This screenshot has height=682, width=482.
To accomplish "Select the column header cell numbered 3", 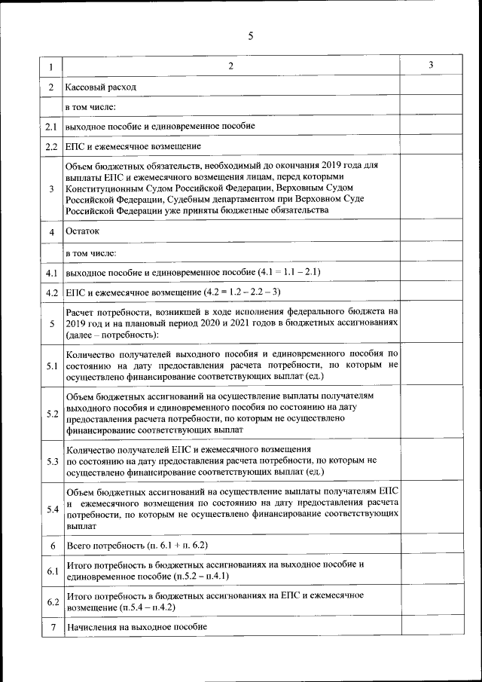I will tap(430, 66).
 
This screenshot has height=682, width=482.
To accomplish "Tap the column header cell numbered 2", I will tap(231, 66).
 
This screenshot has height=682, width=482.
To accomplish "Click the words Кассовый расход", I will tap(101, 87).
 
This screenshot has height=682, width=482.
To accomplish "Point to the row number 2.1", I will tap(51, 126).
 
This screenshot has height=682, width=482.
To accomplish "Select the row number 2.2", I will tap(51, 146).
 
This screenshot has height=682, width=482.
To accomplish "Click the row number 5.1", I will tap(51, 366).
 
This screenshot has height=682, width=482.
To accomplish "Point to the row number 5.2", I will tap(51, 414).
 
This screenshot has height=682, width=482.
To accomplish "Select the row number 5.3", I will tap(51, 461).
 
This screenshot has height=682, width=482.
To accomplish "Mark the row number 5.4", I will tap(51, 509).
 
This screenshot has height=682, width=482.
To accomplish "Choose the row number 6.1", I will tap(51, 571).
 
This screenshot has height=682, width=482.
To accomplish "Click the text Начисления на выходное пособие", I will tap(136, 627).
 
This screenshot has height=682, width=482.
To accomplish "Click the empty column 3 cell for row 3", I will tap(430, 188).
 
